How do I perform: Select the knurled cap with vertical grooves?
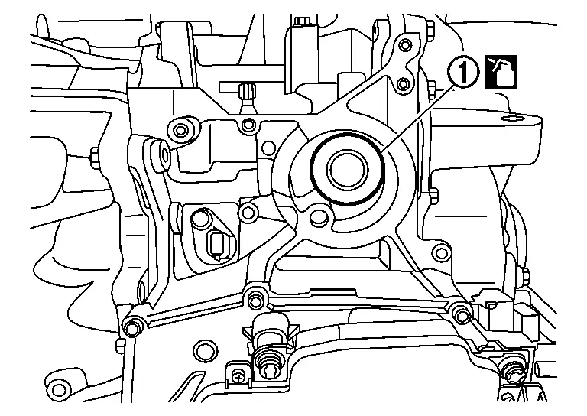pyautogui.click(x=246, y=92)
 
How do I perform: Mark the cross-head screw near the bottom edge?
pyautogui.click(x=239, y=375)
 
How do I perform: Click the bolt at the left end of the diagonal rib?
pyautogui.click(x=132, y=327)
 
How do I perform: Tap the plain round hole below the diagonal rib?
pyautogui.click(x=203, y=351)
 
